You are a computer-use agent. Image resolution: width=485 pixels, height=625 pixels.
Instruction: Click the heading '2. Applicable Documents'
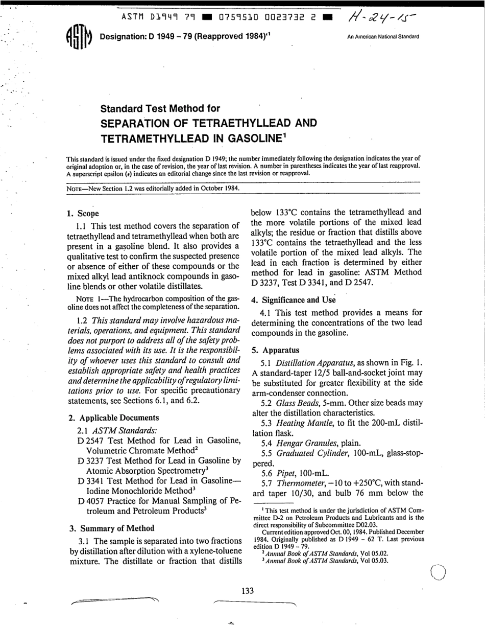click(113, 418)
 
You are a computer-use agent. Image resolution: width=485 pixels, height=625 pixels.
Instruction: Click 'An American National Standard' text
click(382, 37)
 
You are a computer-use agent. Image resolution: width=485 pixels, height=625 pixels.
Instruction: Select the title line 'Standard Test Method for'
click(160, 108)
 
